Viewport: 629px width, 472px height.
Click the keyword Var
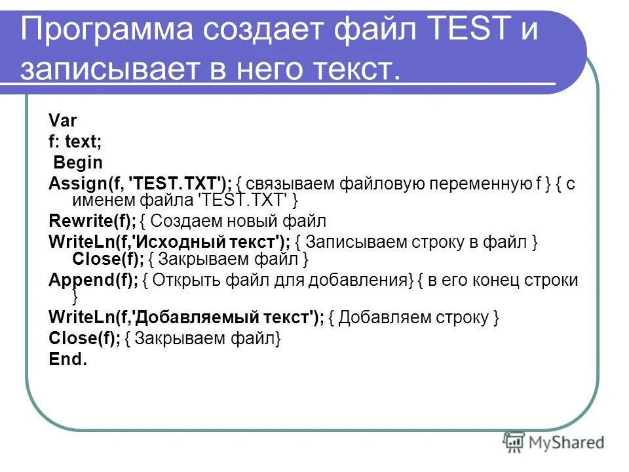(x=63, y=121)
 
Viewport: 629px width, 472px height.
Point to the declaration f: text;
(x=75, y=141)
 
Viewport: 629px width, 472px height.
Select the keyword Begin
(x=78, y=162)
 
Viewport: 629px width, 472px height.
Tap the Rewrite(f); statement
(x=92, y=221)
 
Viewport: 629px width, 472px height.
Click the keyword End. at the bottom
(x=67, y=359)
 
